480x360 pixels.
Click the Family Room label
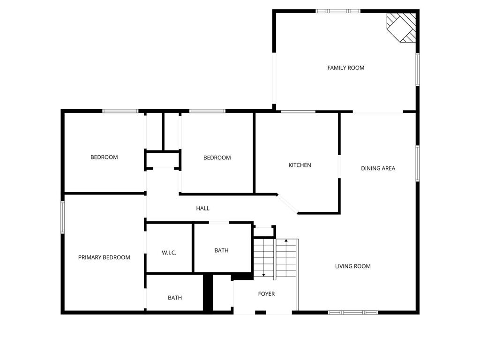(345, 68)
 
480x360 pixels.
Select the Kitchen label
(300, 165)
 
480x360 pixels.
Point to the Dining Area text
(378, 168)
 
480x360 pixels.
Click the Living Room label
(352, 266)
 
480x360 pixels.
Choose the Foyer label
(266, 294)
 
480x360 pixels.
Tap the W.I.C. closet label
(169, 253)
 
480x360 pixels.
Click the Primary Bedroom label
(104, 257)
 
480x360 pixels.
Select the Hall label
(202, 208)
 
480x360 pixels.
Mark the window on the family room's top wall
(338, 11)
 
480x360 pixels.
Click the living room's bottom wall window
(352, 312)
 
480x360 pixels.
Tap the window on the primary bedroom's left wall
(62, 217)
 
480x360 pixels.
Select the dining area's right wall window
(417, 163)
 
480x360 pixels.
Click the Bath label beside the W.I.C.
(221, 250)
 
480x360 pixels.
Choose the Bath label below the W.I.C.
(175, 298)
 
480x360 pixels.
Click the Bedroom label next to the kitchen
(217, 157)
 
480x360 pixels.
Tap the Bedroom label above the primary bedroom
(104, 157)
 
